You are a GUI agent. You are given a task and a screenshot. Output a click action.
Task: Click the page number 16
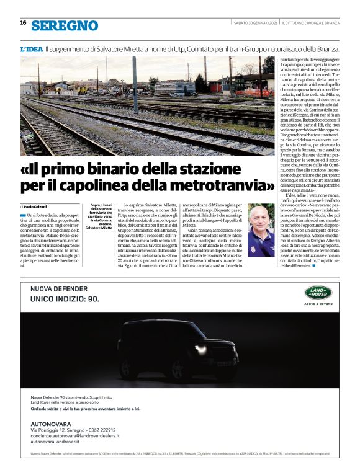point(23,23)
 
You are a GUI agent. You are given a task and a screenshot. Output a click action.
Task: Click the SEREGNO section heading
point(65,25)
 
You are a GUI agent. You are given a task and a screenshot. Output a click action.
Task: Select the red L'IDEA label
point(31,48)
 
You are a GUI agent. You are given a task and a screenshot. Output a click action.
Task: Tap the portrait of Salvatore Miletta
point(260,230)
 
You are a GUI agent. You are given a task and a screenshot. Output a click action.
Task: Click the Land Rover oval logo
point(321,292)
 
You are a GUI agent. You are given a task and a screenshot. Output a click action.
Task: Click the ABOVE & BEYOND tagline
point(321,304)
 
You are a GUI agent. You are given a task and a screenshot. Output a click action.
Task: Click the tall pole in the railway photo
point(133,84)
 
